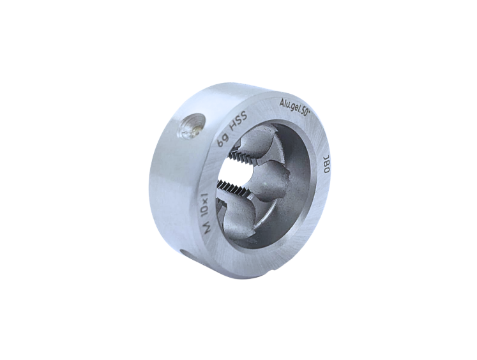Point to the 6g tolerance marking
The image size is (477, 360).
click(222, 140)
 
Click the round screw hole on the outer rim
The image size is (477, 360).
click(191, 125)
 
